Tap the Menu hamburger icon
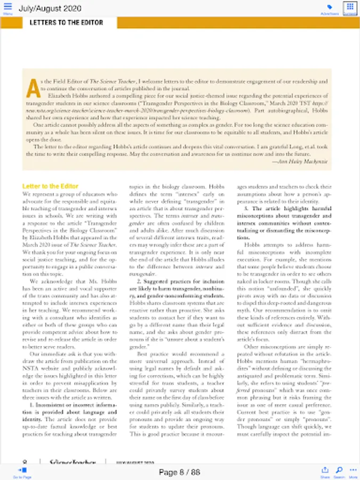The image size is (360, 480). coord(7,8)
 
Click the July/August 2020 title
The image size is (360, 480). coord(50,9)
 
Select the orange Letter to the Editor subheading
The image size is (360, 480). coord(50,186)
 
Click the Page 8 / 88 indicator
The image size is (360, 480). coord(179,472)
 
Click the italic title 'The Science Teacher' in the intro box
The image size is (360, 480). coord(111,82)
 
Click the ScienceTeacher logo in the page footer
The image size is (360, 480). coord(72,462)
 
